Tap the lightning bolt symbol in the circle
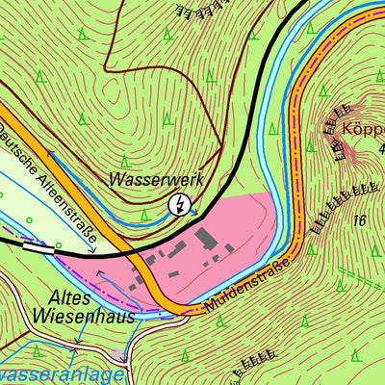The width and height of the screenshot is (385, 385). coord(179,204)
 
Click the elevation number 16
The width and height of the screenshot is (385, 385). coord(360,220)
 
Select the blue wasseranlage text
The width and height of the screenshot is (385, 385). coord(62,374)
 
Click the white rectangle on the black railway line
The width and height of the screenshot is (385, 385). coord(38,245)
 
